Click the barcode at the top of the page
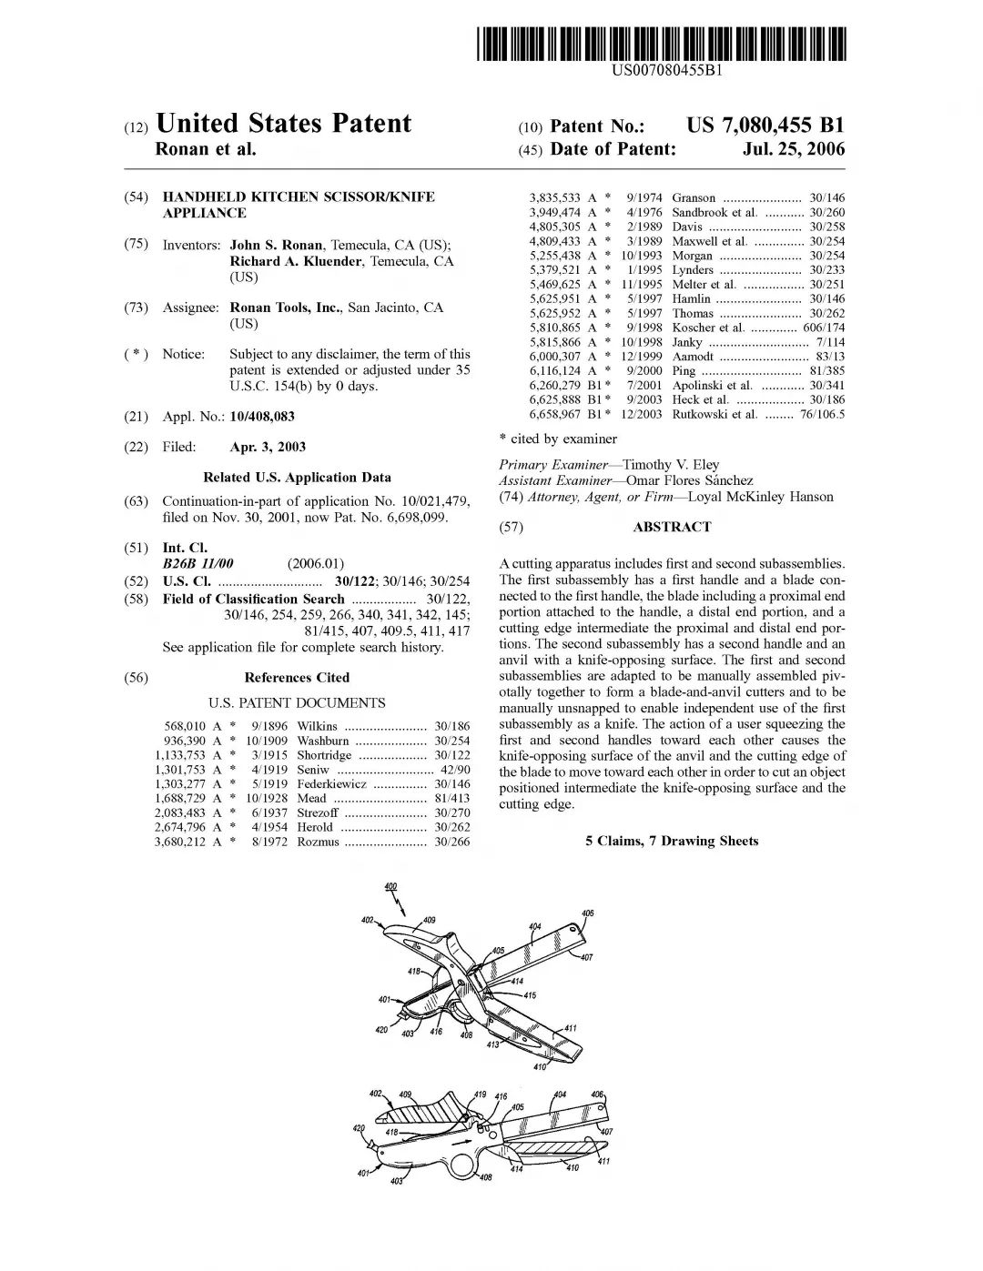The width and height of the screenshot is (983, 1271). tap(663, 44)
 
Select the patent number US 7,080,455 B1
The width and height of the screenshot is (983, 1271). tap(765, 126)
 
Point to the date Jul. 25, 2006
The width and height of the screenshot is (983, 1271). tap(794, 149)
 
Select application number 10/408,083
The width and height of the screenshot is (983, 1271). tap(262, 417)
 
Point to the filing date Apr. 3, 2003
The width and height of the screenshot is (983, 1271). tap(268, 447)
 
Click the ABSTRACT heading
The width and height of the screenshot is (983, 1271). tap(672, 527)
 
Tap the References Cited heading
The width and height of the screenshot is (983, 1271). tap(297, 678)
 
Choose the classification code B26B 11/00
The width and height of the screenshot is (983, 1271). tap(198, 564)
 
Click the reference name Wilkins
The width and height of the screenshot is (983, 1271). tap(317, 726)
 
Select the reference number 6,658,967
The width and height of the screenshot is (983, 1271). tap(554, 414)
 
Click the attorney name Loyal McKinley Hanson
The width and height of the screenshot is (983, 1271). tap(760, 497)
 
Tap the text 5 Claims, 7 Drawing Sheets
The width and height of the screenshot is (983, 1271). tap(672, 841)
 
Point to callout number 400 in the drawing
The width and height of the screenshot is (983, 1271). tap(390, 886)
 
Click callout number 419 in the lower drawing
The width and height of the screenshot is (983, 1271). tap(481, 1094)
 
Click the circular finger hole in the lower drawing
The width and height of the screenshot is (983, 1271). tap(464, 1163)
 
